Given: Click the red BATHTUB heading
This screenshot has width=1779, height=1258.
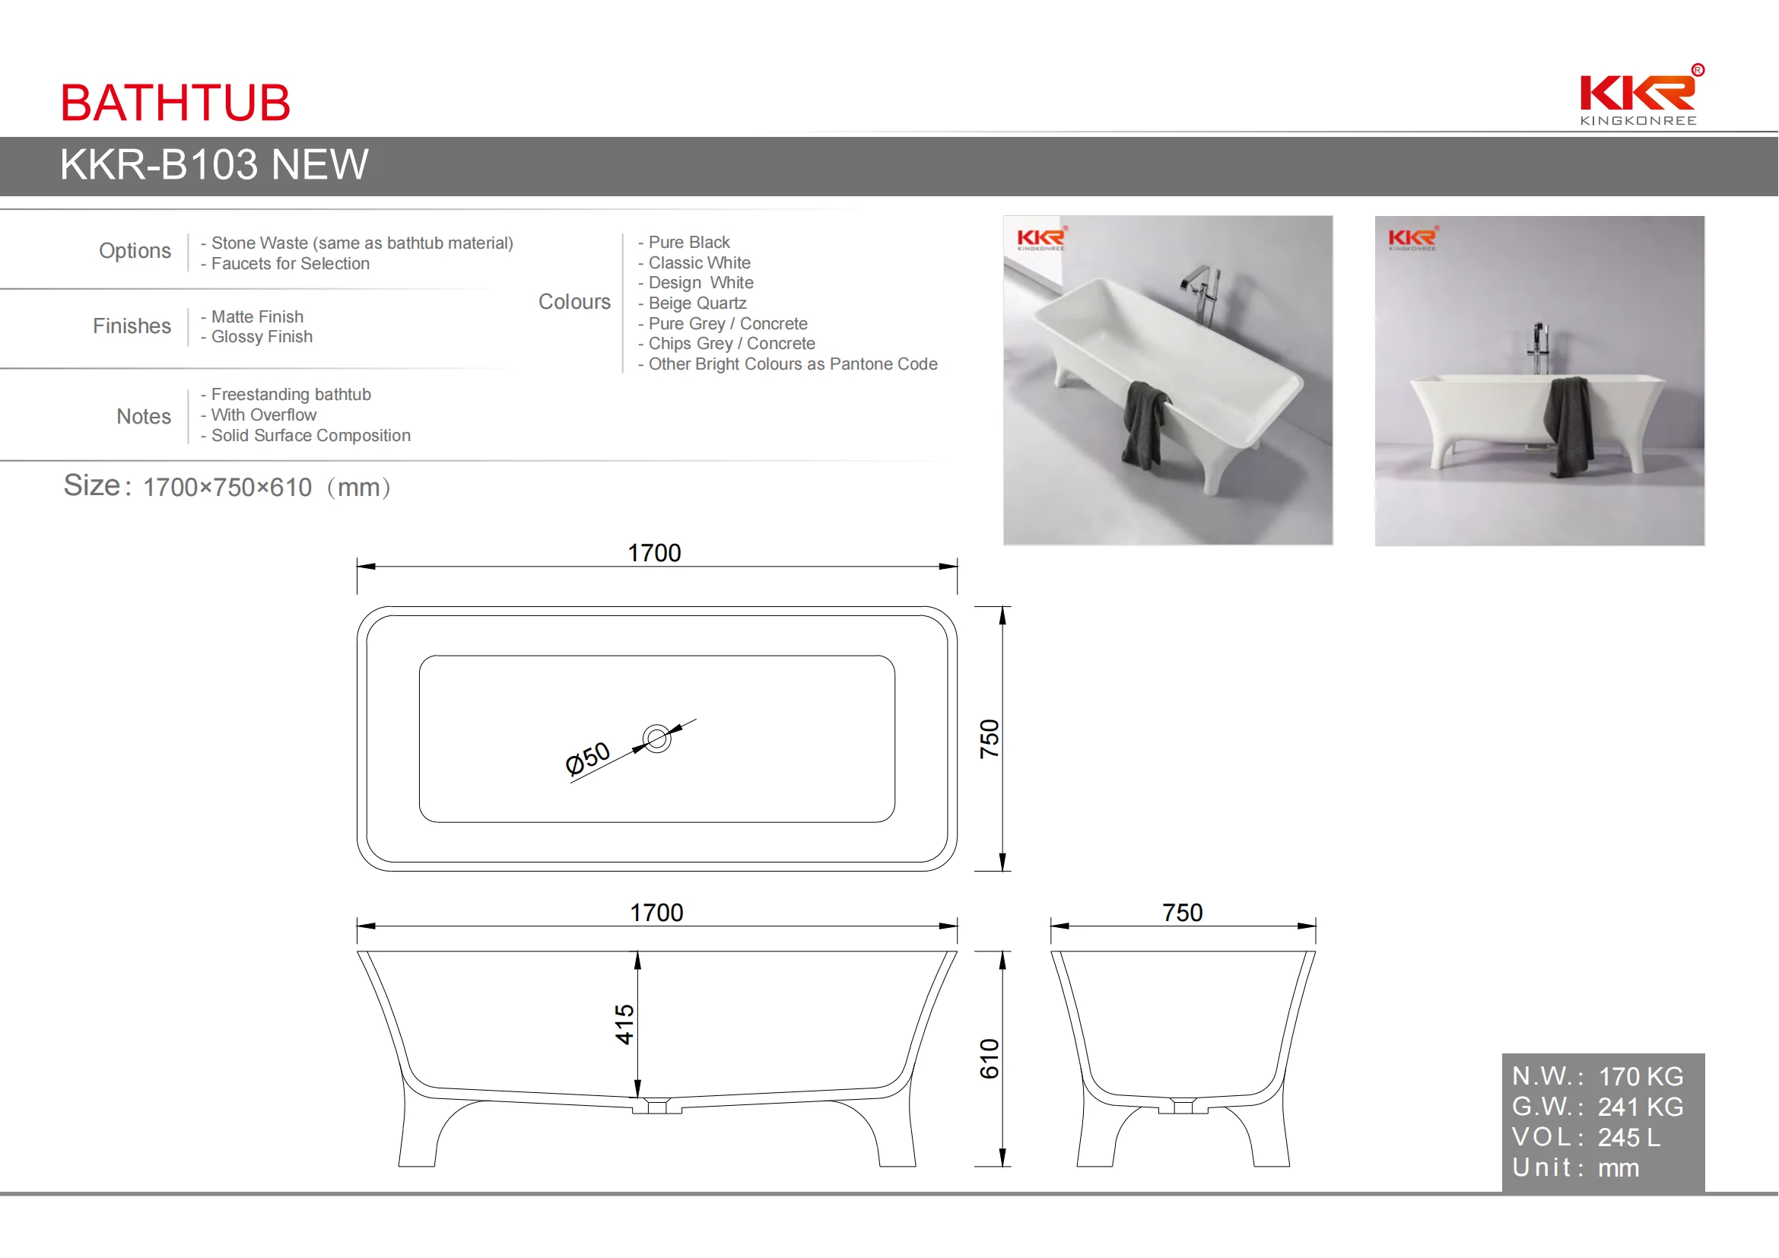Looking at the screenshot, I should tap(175, 102).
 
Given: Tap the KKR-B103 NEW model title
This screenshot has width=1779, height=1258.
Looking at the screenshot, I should tap(214, 165).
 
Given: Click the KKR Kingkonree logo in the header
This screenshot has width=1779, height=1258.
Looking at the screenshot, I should tap(1640, 96).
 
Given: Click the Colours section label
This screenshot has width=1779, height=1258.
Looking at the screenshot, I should tap(574, 302).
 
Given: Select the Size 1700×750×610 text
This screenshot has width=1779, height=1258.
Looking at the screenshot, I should tap(227, 487).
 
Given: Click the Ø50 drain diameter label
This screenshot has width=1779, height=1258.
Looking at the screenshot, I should tap(587, 759).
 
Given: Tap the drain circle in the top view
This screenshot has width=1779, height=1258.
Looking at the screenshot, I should tap(657, 739).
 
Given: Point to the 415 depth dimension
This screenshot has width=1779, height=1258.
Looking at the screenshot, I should tap(624, 1024).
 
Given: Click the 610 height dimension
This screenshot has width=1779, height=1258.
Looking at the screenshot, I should tap(990, 1059).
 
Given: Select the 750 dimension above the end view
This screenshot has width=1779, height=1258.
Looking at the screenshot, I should tap(1183, 913).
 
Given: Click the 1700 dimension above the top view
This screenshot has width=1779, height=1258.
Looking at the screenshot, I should tap(654, 553).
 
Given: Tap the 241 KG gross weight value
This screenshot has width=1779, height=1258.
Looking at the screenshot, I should tap(1641, 1107).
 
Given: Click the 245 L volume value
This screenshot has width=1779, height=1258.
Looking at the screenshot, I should tap(1628, 1138).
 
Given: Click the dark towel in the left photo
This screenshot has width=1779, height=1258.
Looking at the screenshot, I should tap(1145, 424).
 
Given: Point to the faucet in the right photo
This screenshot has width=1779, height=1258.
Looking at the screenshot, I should tap(1539, 348).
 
